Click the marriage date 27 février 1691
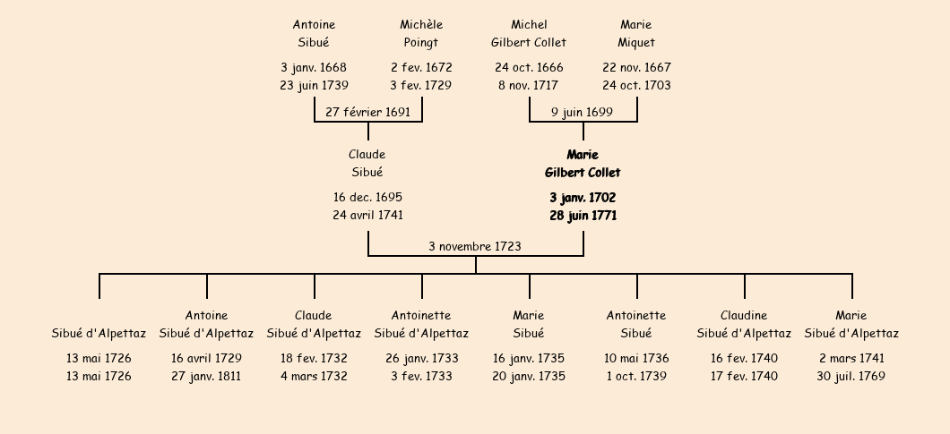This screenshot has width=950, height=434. (x=367, y=112)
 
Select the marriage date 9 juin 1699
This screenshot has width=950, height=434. (x=582, y=112)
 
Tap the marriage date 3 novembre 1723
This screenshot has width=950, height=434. (x=475, y=246)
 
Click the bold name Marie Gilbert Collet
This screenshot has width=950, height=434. (x=583, y=164)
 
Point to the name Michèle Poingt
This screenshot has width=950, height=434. (x=421, y=33)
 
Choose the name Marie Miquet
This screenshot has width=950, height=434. (x=636, y=33)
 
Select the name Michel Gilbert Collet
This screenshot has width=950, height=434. (x=529, y=33)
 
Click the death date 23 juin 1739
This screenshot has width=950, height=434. (x=314, y=85)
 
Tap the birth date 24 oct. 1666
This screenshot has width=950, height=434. (x=529, y=67)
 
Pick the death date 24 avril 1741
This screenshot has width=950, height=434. (x=367, y=215)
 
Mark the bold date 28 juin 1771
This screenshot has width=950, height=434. (x=583, y=216)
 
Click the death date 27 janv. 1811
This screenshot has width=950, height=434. (x=206, y=376)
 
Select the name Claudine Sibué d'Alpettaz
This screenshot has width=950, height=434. (x=744, y=324)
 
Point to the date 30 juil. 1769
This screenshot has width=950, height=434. (x=851, y=376)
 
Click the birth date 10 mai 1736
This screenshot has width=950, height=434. (x=636, y=358)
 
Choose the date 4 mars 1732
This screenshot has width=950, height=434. (x=314, y=376)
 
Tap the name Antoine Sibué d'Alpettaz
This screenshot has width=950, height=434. (x=206, y=324)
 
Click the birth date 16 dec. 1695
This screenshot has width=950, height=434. (x=367, y=198)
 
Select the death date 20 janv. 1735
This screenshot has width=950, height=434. (x=529, y=376)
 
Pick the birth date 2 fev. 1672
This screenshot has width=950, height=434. (x=421, y=67)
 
